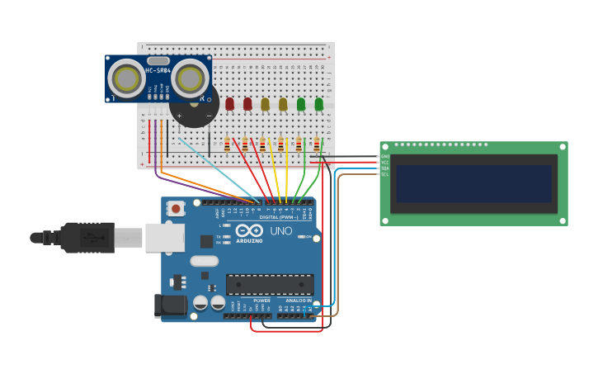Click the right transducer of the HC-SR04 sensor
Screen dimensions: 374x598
[191, 79]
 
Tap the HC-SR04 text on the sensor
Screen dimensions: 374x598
[158, 70]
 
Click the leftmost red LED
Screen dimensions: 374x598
[229, 104]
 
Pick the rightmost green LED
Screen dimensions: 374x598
[319, 104]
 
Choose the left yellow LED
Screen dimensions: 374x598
[265, 104]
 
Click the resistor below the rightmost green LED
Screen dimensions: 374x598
[317, 145]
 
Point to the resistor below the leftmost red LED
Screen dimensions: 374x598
[227, 145]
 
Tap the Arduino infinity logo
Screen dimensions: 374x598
[248, 231]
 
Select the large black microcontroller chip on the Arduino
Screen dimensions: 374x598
[270, 284]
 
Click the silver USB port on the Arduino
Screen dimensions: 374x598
[164, 237]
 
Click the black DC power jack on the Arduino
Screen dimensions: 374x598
[171, 305]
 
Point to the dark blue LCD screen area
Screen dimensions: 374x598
[473, 183]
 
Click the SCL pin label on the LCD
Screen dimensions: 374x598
[385, 174]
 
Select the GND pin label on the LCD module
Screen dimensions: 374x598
[385, 156]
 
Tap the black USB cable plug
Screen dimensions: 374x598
[87, 238]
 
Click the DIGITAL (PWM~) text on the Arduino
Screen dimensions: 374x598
[279, 217]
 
